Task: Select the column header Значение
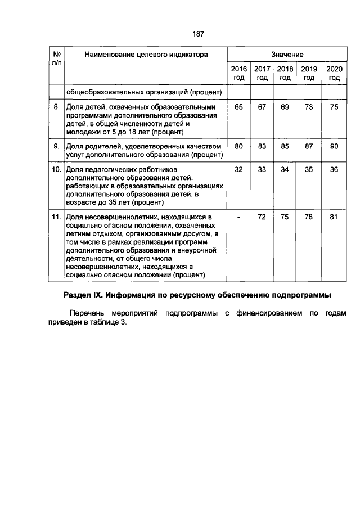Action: click(x=287, y=55)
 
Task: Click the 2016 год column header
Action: click(x=239, y=73)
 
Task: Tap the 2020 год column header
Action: click(x=334, y=73)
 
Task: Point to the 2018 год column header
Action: click(x=285, y=73)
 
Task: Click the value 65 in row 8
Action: click(x=239, y=107)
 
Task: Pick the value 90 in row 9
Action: click(x=334, y=146)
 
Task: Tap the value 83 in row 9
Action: click(x=262, y=146)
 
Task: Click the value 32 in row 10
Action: click(x=239, y=169)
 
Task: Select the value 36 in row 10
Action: click(x=334, y=169)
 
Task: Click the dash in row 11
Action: click(x=239, y=217)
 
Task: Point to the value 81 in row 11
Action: click(x=334, y=217)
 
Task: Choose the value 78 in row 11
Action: click(x=309, y=217)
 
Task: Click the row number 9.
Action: click(x=56, y=146)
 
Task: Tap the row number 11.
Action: click(x=56, y=217)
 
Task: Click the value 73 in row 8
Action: click(x=309, y=107)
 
